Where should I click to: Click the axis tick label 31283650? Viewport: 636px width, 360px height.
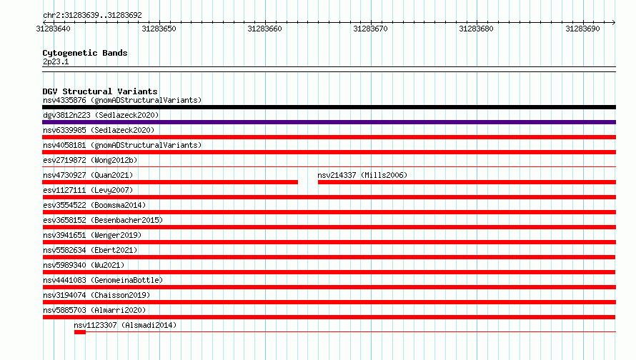point(159,29)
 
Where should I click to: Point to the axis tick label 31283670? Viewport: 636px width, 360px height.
point(370,29)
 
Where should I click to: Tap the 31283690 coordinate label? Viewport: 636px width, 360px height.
point(582,29)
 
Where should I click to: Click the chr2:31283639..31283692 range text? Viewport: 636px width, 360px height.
point(92,16)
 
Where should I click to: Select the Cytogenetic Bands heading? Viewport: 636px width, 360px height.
point(85,53)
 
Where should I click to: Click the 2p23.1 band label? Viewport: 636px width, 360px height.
point(56,61)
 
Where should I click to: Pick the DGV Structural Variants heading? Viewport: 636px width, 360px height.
point(100,91)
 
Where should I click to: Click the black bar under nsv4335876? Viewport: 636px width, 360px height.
point(329,107)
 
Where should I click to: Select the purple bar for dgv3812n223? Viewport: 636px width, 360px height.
point(329,122)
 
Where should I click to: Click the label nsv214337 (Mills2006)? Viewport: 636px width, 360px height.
point(362,175)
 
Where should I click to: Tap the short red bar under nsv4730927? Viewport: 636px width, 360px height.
point(170,182)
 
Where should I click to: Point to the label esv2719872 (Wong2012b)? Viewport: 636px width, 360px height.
point(90,160)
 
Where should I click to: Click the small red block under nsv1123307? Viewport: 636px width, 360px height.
point(80,332)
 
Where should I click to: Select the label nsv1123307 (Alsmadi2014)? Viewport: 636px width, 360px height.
point(125,325)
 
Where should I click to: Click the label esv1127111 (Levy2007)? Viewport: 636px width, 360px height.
point(88,190)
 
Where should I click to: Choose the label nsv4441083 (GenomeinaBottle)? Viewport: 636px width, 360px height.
point(103,280)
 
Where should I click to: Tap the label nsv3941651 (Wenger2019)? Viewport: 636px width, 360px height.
point(92,235)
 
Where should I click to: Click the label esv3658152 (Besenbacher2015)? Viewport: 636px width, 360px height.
point(103,220)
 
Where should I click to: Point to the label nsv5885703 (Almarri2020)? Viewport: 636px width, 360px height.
point(94,310)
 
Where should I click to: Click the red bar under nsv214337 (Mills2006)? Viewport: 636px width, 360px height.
point(467,182)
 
